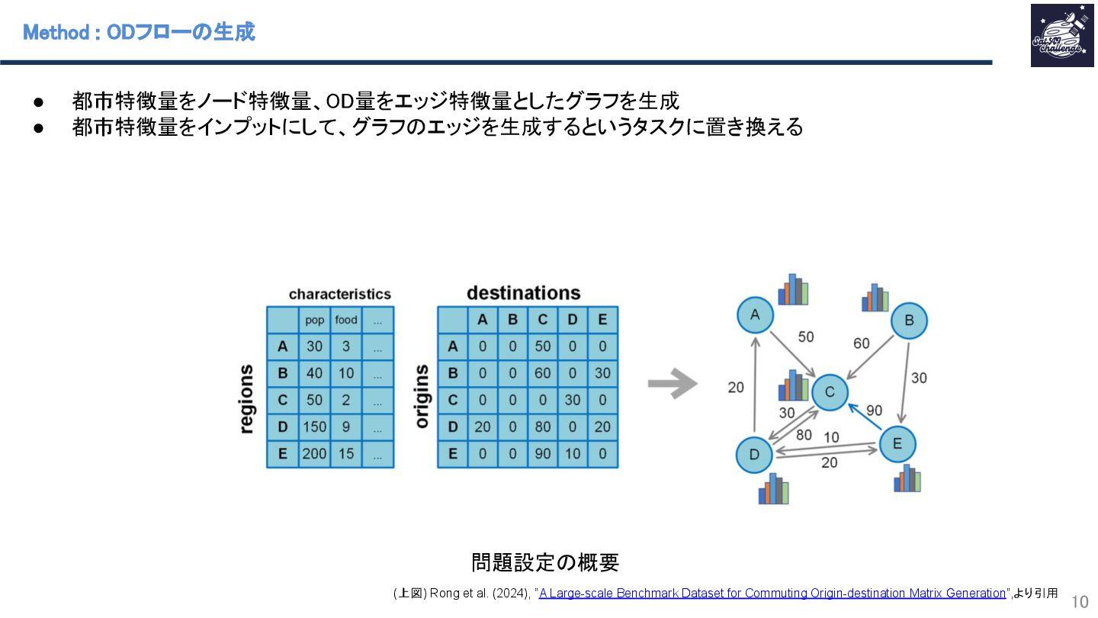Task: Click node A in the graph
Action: [755, 314]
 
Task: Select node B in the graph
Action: [908, 320]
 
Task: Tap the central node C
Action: [830, 392]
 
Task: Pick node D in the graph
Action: [754, 455]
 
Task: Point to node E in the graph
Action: [897, 444]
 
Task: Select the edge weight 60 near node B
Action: [862, 343]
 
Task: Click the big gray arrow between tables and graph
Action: [672, 384]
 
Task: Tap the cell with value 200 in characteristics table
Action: [314, 454]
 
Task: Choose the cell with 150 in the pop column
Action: [314, 426]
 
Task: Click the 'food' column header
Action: [346, 320]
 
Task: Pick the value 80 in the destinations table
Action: [542, 426]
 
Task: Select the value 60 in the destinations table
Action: [542, 373]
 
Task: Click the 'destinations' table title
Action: [523, 293]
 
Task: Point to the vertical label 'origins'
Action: [422, 395]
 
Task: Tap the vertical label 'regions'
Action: [246, 399]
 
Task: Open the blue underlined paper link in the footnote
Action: [772, 593]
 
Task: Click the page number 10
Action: [1080, 600]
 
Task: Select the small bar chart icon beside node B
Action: [875, 298]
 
